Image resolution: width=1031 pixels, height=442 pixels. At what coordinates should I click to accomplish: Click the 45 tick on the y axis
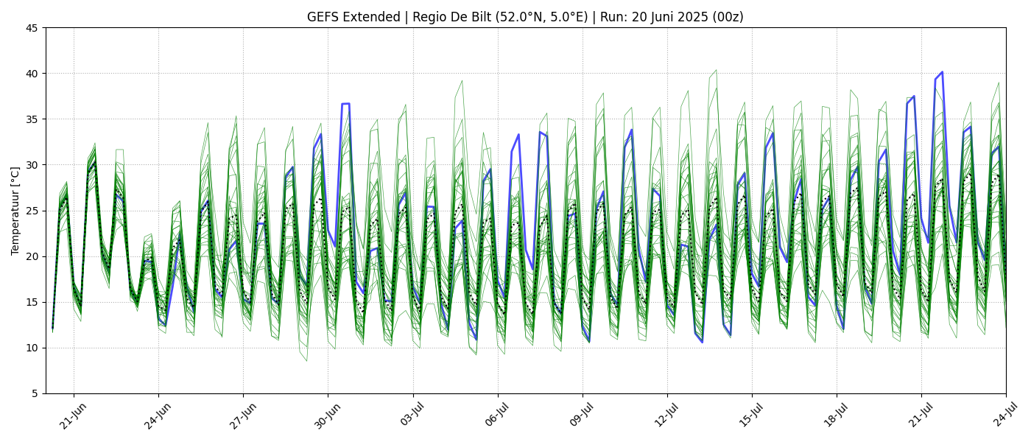32,28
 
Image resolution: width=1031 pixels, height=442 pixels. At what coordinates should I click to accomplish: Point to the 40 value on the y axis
32,74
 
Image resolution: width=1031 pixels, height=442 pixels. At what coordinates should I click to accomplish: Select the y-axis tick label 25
32,211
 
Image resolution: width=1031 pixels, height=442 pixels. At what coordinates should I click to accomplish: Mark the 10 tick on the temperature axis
32,348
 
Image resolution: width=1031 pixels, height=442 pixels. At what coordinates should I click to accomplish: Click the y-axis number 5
35,393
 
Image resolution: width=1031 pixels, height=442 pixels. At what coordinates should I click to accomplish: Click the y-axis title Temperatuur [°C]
15,211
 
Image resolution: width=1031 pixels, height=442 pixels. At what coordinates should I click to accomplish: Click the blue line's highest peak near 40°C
942,72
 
